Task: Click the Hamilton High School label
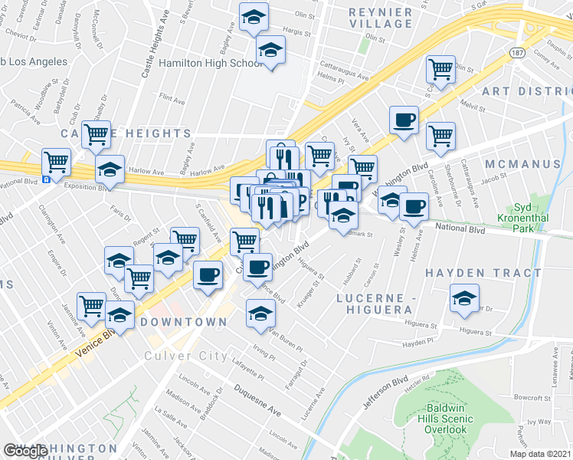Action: coord(211,63)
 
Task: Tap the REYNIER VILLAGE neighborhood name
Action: coord(380,18)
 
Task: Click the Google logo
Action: coord(25,451)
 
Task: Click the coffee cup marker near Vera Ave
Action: coord(403,120)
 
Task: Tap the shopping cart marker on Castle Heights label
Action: coord(97,135)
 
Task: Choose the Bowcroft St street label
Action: coord(533,398)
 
